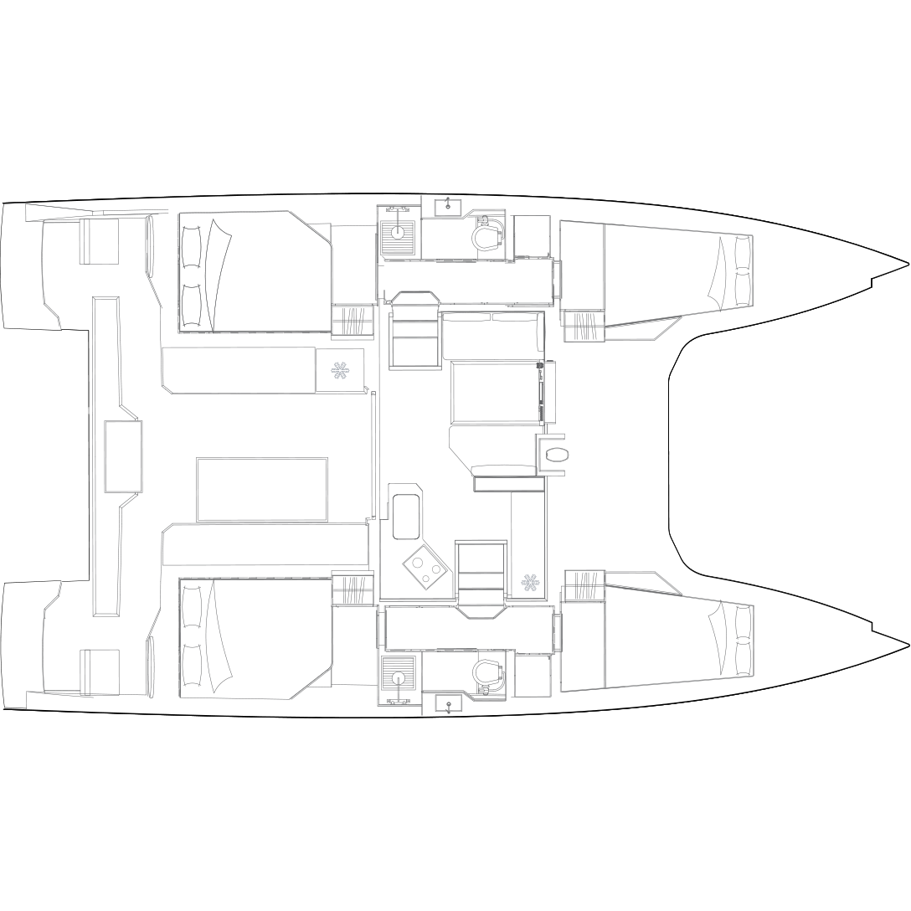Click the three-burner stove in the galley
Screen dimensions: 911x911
click(x=425, y=567)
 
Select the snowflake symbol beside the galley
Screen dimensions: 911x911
click(x=529, y=582)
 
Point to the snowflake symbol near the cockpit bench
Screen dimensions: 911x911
click(x=340, y=370)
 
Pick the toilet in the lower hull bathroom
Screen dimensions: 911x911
click(x=488, y=672)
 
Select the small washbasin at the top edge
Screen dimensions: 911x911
click(x=449, y=206)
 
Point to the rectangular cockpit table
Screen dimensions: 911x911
click(x=262, y=489)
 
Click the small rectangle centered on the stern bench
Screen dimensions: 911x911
click(x=123, y=455)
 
